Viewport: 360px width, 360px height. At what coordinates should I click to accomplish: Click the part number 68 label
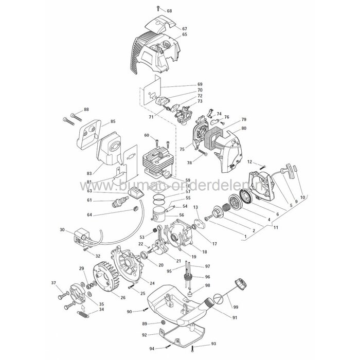pos(170,11)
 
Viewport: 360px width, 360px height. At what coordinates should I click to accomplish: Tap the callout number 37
pos(53,283)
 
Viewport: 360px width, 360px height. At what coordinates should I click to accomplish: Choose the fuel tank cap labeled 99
pos(239,284)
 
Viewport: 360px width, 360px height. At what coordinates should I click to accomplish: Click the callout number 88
pos(86,109)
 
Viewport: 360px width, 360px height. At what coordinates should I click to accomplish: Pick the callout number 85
pos(113,122)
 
